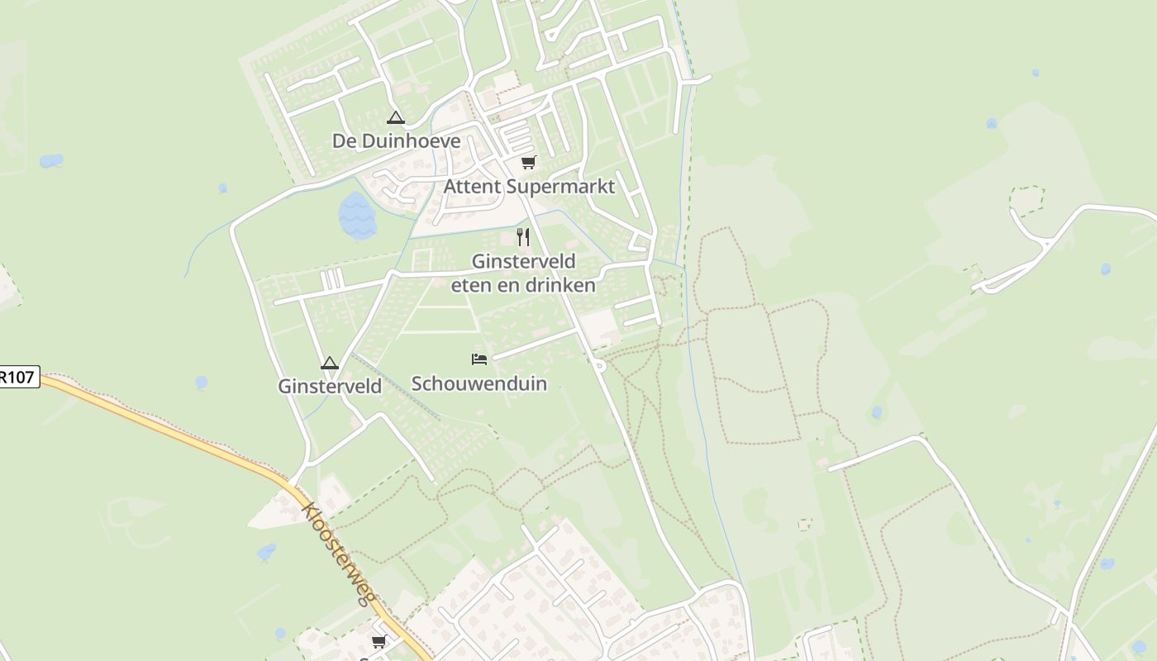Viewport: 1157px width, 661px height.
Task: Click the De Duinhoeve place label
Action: pyautogui.click(x=396, y=141)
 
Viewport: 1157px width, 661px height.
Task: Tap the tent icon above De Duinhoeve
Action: pyautogui.click(x=396, y=118)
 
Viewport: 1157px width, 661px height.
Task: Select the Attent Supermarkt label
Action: pyautogui.click(x=529, y=187)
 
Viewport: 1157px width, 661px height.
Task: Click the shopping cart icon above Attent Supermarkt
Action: pyautogui.click(x=529, y=162)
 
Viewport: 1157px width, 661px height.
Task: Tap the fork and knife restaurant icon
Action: pyautogui.click(x=523, y=237)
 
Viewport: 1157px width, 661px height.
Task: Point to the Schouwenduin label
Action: pyautogui.click(x=479, y=383)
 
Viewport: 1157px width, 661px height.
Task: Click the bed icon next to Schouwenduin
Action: pyautogui.click(x=479, y=359)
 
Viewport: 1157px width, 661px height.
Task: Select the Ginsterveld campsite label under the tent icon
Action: pyautogui.click(x=330, y=386)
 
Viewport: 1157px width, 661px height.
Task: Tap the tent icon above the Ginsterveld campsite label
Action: pyautogui.click(x=330, y=363)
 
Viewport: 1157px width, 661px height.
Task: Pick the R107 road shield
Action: pyautogui.click(x=18, y=378)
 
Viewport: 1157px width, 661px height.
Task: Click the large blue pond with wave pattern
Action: pyautogui.click(x=357, y=215)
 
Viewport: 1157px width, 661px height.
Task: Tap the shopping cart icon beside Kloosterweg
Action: pyautogui.click(x=379, y=641)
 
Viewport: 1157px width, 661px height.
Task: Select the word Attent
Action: pyautogui.click(x=472, y=187)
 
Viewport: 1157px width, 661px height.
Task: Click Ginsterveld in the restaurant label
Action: pyautogui.click(x=523, y=262)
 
